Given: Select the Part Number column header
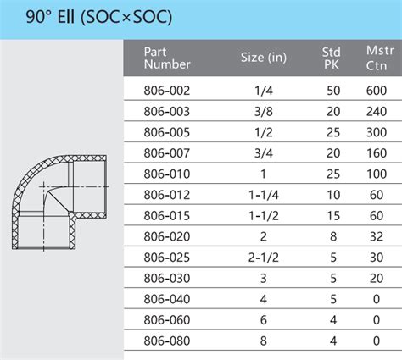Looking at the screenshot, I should (167, 57).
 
